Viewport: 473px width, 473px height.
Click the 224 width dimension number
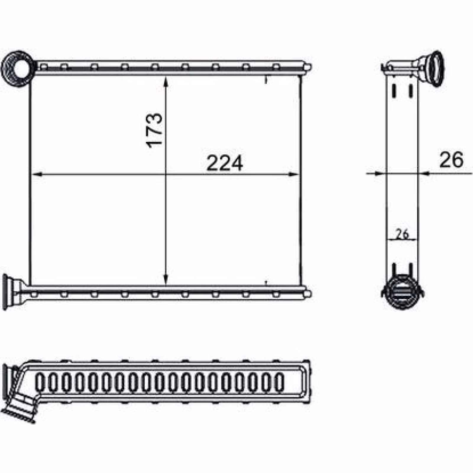point(225,163)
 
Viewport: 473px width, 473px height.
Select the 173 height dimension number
point(154,130)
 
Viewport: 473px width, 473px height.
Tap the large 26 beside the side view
point(451,160)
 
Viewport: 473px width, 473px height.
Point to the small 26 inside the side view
point(402,234)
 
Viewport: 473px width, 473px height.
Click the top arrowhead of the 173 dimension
point(166,81)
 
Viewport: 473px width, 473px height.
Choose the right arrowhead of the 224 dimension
point(294,174)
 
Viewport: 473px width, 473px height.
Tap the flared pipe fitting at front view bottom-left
point(12,292)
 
